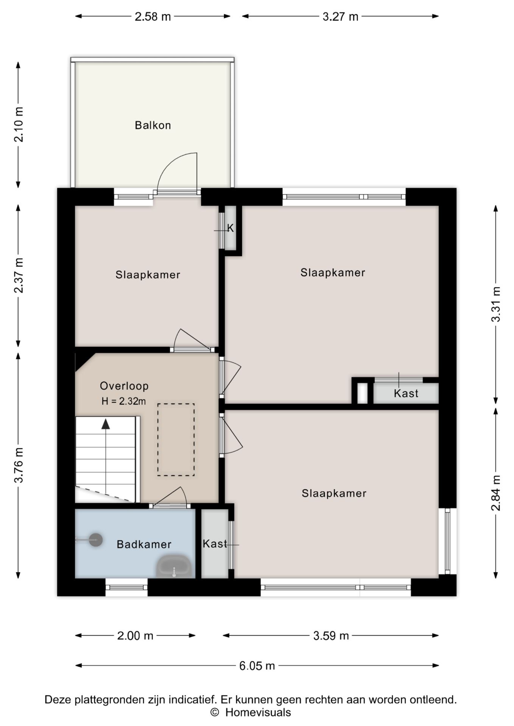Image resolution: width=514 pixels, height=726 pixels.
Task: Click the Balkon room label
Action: point(153,125)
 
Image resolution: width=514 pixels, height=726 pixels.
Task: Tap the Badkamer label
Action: point(144,544)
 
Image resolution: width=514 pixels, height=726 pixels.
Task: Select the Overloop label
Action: point(124,386)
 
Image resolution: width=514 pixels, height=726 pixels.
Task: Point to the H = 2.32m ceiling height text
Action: point(124,401)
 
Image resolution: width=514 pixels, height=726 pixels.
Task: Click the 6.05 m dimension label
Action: point(257,665)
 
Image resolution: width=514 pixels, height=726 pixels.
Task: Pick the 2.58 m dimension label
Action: point(153,17)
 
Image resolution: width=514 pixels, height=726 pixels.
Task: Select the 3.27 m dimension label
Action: point(340,17)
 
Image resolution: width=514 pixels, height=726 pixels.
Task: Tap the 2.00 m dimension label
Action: point(135,636)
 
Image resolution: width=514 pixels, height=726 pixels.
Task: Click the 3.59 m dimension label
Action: point(331,636)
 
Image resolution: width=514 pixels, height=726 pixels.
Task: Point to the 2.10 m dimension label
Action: point(19,124)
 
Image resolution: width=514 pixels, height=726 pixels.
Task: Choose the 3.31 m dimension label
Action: point(496,304)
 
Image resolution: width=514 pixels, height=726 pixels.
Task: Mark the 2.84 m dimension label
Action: point(496,493)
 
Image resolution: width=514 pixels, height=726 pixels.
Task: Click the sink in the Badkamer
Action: point(174,566)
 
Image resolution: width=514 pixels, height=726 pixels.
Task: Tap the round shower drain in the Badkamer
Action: point(96,540)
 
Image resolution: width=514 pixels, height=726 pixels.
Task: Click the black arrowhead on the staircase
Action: point(106,424)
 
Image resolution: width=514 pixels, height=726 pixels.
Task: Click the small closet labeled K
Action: point(231,228)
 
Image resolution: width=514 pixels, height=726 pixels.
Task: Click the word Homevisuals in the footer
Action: point(258,713)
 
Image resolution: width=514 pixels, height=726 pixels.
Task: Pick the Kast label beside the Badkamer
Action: point(215,544)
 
